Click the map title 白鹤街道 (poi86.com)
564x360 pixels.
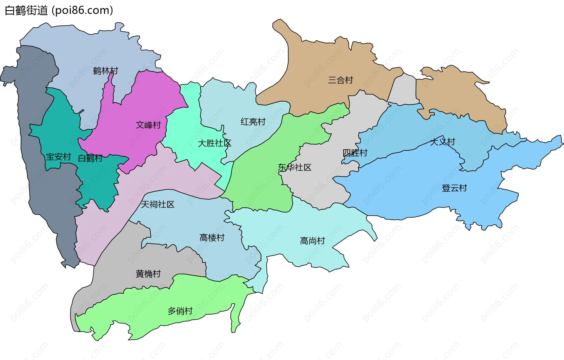click(x=59, y=11)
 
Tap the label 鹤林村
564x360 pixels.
click(x=105, y=71)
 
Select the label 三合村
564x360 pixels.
click(x=340, y=80)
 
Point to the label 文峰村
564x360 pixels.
click(x=148, y=125)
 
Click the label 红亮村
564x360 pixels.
click(x=253, y=122)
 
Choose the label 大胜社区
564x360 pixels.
click(x=214, y=143)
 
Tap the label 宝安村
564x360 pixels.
click(x=58, y=157)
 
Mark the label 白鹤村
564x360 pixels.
click(x=90, y=158)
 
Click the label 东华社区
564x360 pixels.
click(x=294, y=167)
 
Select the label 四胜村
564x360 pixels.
click(x=355, y=153)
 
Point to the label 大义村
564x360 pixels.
click(x=442, y=142)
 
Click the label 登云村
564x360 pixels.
click(x=454, y=188)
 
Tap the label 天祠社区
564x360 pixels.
click(x=157, y=204)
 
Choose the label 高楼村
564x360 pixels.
click(x=212, y=238)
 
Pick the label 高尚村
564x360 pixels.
click(x=312, y=241)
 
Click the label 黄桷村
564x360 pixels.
click(x=148, y=274)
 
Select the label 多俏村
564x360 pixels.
click(x=180, y=311)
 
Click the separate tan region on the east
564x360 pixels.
click(x=458, y=94)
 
